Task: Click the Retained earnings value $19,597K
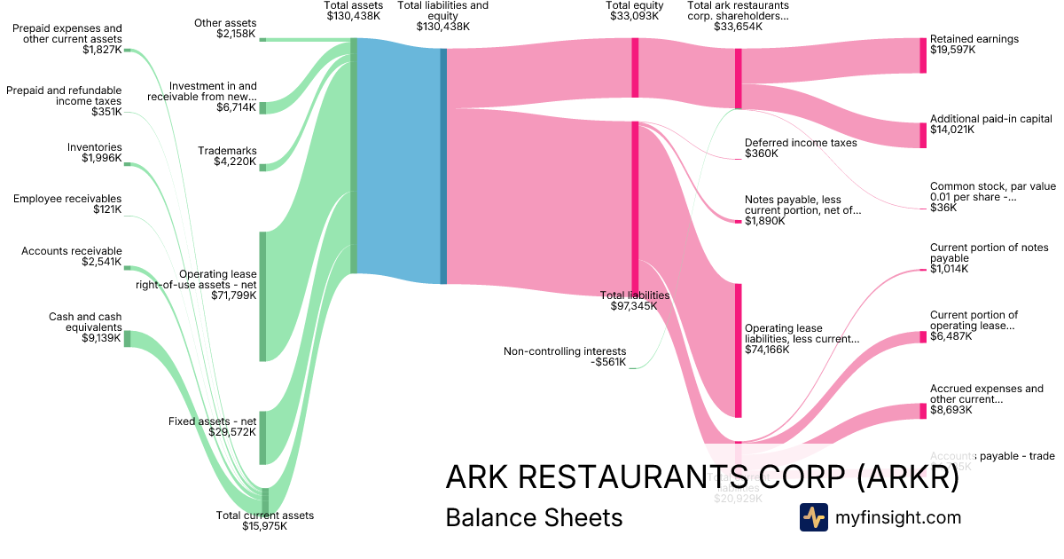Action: coord(952,51)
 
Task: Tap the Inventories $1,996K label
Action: coord(95,153)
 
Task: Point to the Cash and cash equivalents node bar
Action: coord(127,338)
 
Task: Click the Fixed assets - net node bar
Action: coord(262,437)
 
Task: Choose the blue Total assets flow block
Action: coord(398,160)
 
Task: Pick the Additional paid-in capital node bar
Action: coord(923,135)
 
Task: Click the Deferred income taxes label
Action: coord(801,143)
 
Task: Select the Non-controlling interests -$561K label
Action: coord(565,357)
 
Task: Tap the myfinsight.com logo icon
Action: coord(813,517)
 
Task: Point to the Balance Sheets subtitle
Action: coord(534,517)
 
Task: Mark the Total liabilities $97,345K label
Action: coord(635,301)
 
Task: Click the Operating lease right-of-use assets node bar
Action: coord(262,296)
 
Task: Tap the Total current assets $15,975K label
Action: coord(265,521)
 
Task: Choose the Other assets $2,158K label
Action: coord(225,28)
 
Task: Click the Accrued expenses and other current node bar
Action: coord(923,411)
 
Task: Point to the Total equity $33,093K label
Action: coord(635,11)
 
